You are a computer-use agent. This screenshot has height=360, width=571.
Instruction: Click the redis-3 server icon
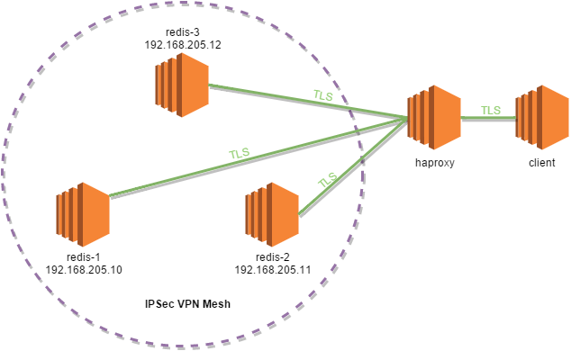pos(182,85)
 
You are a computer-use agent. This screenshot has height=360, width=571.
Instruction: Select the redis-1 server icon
pos(83,214)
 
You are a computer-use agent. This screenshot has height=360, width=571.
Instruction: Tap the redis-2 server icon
pos(272,214)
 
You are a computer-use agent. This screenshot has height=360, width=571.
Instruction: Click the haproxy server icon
pos(434,117)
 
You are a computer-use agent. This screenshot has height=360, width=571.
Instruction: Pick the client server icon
pos(542,117)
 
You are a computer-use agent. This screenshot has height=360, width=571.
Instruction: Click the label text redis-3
pos(183,32)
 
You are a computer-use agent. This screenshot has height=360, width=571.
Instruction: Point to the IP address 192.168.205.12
pos(183,45)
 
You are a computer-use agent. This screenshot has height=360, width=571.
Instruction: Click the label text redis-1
pos(84,257)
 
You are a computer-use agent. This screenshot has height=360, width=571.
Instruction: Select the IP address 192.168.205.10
pos(84,270)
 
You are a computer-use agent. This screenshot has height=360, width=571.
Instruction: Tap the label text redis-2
pos(273,257)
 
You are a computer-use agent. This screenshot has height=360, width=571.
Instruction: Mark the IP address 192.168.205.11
pos(273,270)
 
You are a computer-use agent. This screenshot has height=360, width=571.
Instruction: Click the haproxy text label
pos(435,162)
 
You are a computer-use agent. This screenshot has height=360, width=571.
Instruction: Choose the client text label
pos(542,162)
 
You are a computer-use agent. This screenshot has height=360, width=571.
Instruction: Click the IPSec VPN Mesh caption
pos(187,304)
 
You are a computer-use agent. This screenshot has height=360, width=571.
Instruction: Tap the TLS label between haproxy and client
pos(491,111)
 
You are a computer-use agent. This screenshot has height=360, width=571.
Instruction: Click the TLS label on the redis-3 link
pos(323,95)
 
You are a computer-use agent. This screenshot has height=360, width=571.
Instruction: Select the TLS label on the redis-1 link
pos(240,153)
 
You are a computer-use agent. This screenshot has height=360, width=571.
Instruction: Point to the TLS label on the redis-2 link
pos(327,179)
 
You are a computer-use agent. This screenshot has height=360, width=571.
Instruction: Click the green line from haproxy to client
pos(488,118)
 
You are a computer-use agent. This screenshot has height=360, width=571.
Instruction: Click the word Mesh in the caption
pos(216,304)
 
